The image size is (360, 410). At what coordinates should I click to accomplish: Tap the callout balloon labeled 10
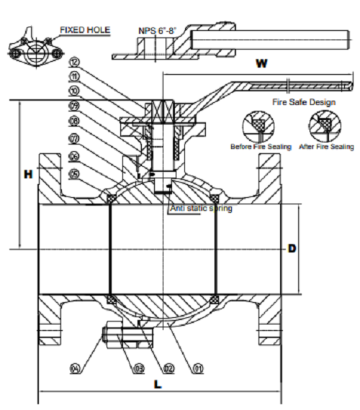click(x=75, y=91)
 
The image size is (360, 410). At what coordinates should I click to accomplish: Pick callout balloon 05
click(x=75, y=173)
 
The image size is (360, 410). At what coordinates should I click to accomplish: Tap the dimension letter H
click(x=28, y=175)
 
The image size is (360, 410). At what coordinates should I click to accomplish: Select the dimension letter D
click(x=292, y=249)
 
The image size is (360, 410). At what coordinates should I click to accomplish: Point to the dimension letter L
click(x=158, y=384)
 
